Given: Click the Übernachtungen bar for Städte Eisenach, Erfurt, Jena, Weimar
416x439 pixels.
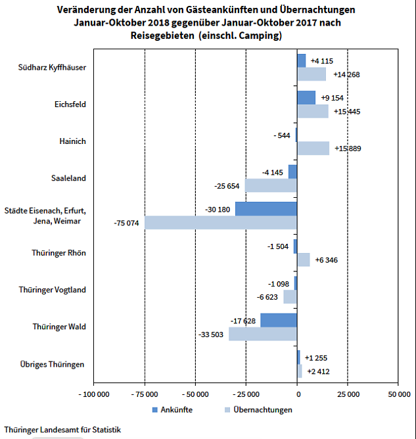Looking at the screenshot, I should [221, 223].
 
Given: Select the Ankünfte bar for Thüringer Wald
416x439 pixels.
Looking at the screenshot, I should [279, 320].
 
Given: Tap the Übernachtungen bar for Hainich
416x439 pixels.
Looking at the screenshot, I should [313, 149].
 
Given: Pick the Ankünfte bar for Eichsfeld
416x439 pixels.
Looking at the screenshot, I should [306, 98].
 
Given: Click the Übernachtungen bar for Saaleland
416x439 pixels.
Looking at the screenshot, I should [271, 185].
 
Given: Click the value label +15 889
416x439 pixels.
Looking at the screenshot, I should [347, 149].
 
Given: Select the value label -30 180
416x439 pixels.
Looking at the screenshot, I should [218, 210].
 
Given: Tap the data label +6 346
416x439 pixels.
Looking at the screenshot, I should [327, 260].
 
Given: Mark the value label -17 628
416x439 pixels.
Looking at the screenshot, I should [243, 321].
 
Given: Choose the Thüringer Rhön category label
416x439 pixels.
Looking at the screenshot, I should [58, 253].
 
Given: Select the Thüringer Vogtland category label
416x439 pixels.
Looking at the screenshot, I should [52, 290].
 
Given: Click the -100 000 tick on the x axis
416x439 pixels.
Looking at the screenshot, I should [94, 394].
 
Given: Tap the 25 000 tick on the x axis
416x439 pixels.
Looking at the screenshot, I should [348, 394].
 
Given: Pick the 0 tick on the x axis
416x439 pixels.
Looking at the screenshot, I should [298, 394].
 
